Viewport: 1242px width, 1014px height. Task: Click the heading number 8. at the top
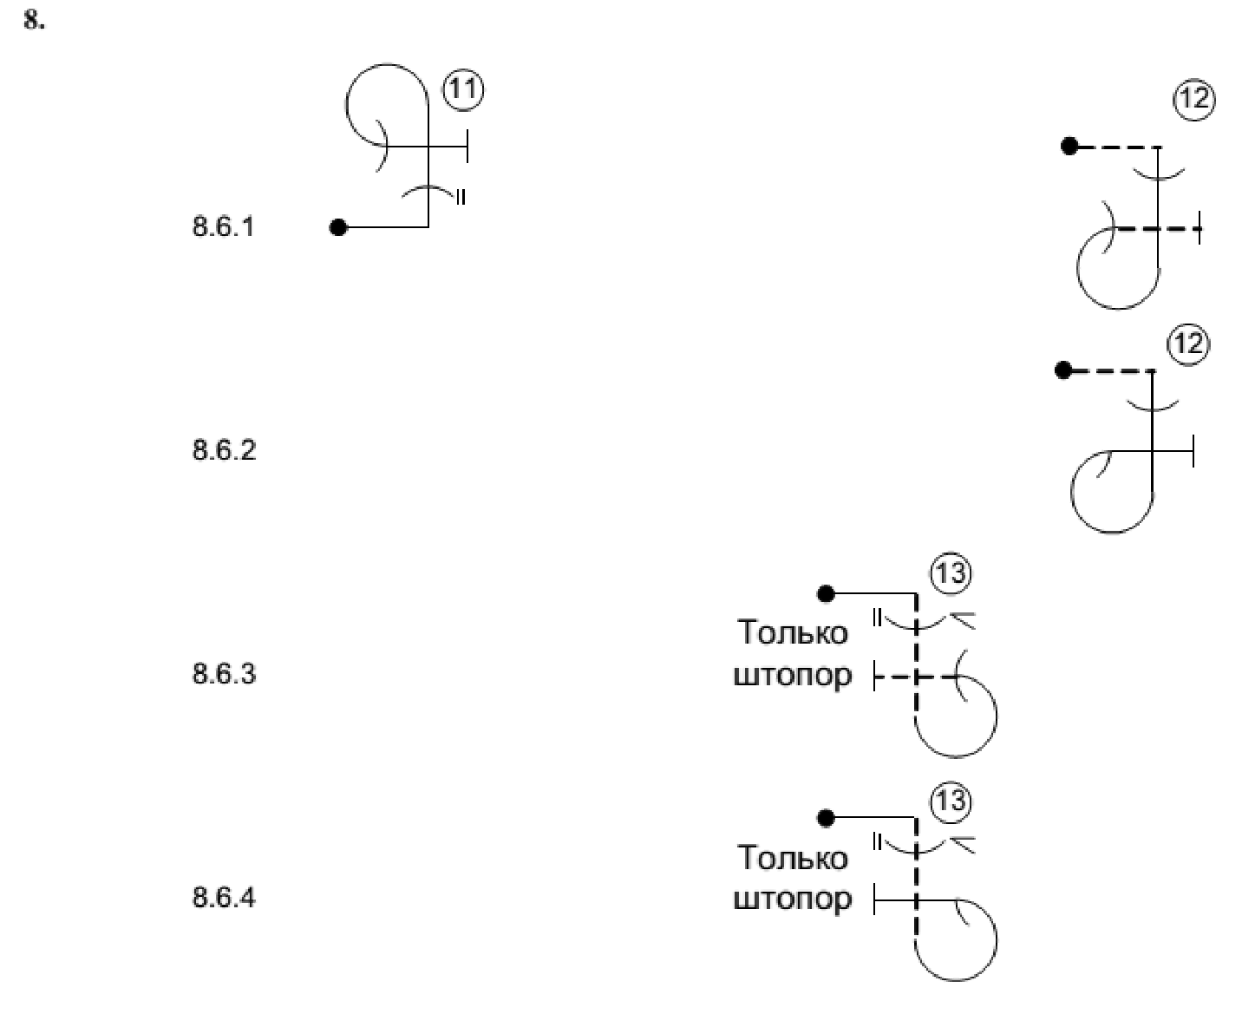click(34, 21)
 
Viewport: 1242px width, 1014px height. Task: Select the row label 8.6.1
click(224, 227)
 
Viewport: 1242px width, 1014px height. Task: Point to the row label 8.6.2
click(224, 450)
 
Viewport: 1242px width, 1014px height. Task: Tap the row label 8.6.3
click(224, 673)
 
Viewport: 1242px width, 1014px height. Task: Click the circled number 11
click(463, 91)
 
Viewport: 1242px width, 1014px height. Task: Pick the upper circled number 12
click(1194, 100)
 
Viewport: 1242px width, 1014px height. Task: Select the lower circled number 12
click(1188, 344)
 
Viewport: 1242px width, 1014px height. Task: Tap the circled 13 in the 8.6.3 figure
click(951, 573)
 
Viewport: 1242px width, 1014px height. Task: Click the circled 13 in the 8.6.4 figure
click(951, 800)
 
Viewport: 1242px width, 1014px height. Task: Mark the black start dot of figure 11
click(338, 227)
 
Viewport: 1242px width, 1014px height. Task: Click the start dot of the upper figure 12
click(1069, 147)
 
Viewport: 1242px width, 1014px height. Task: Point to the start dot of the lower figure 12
click(1063, 371)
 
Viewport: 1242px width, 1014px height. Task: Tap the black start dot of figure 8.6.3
click(827, 593)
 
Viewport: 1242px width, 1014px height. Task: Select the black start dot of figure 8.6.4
click(827, 818)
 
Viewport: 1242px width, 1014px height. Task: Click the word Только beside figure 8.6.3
click(792, 632)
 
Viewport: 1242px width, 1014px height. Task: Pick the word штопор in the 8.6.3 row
click(793, 675)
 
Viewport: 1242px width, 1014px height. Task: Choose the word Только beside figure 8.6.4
click(792, 857)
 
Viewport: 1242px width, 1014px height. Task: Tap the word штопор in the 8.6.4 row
click(793, 899)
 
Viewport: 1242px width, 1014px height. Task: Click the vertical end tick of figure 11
click(467, 147)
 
